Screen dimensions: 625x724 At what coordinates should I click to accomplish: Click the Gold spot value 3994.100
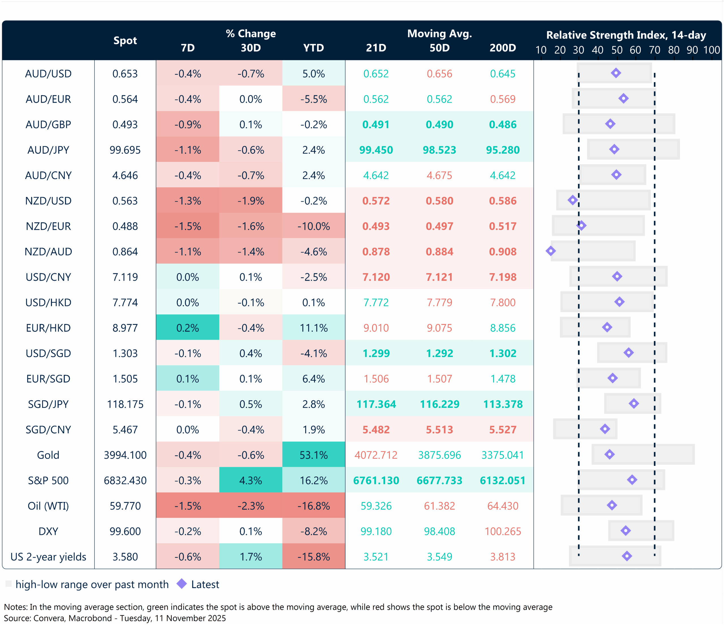pos(125,455)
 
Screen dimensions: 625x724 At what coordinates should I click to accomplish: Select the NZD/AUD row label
pos(48,251)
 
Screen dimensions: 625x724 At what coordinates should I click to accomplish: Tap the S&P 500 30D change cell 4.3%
pos(251,480)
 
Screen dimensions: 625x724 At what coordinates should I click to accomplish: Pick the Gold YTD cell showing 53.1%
pos(313,455)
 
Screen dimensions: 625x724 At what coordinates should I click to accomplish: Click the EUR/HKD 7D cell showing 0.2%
pos(188,328)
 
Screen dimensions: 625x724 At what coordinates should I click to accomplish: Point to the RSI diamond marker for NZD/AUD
pos(551,251)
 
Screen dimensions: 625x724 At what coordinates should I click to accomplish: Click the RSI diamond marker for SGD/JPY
pos(634,404)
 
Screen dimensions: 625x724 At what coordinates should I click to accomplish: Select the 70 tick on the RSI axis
pos(654,50)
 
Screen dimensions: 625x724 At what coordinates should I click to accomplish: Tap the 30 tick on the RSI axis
pos(578,50)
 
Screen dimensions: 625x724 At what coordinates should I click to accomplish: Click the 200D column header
pos(503,48)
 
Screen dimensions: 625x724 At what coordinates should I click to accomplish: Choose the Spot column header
pos(125,40)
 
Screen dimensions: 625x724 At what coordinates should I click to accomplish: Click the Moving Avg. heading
pos(439,34)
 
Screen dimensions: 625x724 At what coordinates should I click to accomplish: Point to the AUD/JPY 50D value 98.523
pos(439,150)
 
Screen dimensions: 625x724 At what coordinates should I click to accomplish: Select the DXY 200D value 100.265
pos(503,531)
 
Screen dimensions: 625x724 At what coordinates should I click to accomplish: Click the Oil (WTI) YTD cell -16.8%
pos(313,506)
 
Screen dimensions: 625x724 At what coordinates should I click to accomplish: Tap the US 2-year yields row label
pos(48,557)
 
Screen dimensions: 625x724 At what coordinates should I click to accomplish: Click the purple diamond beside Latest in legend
pos(182,583)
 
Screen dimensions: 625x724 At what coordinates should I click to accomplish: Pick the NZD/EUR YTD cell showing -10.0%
pos(313,226)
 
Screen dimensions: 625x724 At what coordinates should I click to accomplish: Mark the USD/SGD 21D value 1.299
pos(376,353)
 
